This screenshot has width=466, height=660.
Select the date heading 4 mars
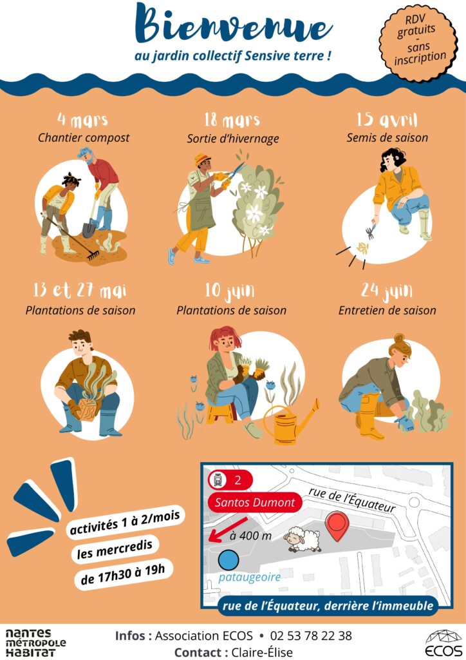click(83, 120)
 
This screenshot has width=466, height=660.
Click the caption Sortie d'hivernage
click(233, 139)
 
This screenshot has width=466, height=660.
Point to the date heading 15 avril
click(387, 119)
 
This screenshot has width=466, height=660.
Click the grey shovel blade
click(89, 230)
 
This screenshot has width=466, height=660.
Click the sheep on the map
click(302, 539)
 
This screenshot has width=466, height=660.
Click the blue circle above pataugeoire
click(228, 560)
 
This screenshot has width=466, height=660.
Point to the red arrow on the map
click(228, 530)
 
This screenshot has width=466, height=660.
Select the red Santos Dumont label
click(255, 502)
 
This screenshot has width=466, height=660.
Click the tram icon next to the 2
click(218, 480)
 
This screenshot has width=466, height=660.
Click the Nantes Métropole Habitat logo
click(35, 643)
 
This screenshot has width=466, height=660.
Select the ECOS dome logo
click(442, 643)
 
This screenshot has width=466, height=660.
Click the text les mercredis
click(115, 549)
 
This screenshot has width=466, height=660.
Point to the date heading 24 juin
click(387, 291)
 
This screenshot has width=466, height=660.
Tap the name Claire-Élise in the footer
click(262, 652)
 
